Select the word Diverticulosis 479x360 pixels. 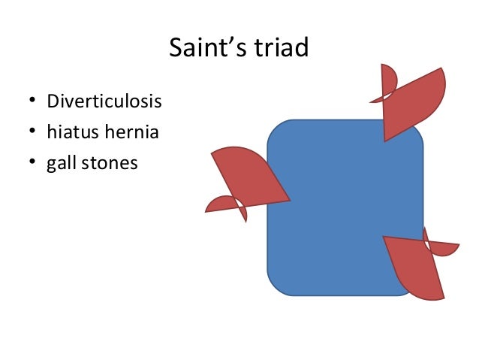pos(104,100)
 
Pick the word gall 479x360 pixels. pos(59,162)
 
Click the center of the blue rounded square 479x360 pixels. pos(345,207)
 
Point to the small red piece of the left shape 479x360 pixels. pos(223,205)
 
